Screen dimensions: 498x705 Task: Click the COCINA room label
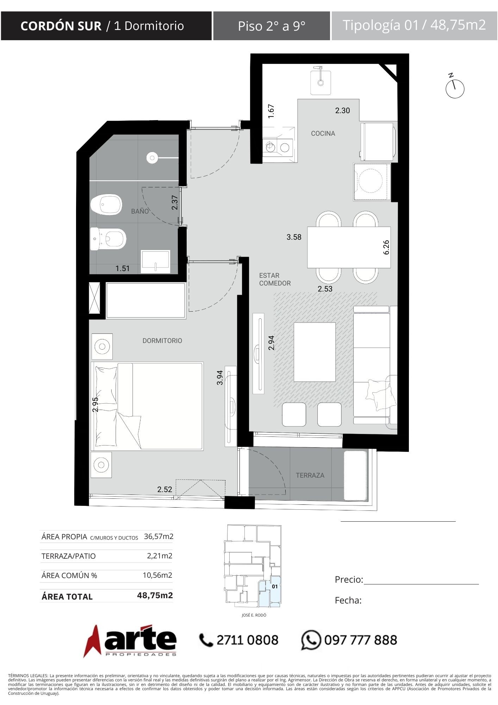click(323, 133)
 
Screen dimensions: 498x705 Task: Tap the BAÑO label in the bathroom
click(140, 211)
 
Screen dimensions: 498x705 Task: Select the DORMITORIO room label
click(162, 341)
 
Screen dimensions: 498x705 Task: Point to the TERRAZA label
click(310, 475)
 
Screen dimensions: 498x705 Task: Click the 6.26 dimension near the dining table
click(386, 247)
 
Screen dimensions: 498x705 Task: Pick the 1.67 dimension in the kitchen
click(271, 111)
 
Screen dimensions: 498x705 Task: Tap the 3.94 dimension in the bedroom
click(220, 378)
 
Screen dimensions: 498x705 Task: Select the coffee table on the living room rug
click(315, 352)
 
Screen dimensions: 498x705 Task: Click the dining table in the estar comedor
click(349, 247)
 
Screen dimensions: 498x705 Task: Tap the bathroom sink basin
click(155, 261)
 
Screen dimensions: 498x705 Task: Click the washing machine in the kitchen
click(372, 182)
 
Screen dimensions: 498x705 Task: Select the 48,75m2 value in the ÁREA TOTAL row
click(155, 595)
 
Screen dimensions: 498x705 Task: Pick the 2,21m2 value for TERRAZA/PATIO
click(160, 556)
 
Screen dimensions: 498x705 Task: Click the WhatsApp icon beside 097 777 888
click(311, 640)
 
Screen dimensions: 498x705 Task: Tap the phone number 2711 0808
click(247, 640)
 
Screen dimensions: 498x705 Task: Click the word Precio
click(349, 580)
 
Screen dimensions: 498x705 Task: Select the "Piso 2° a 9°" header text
click(272, 26)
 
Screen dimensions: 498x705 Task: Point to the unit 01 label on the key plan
click(275, 587)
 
